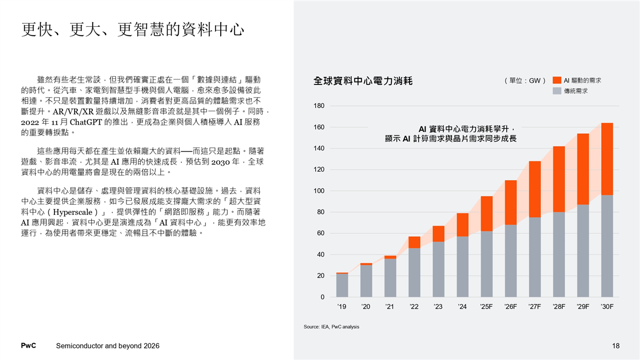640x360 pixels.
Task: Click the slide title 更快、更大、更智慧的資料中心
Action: (133, 29)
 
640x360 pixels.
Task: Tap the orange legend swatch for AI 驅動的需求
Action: (557, 80)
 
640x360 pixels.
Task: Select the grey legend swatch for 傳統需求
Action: (557, 91)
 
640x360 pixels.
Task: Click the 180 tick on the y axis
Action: (319, 106)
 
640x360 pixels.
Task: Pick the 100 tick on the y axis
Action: (319, 191)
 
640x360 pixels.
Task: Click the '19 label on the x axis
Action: (342, 307)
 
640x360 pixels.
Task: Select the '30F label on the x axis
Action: (607, 307)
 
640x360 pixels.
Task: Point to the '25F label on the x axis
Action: (486, 307)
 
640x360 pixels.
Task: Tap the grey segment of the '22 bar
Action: (414, 273)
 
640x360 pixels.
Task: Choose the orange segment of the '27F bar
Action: (535, 189)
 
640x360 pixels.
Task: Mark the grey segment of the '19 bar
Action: (342, 285)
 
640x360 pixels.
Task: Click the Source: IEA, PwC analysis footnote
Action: (331, 326)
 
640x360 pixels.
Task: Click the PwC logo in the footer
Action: (28, 346)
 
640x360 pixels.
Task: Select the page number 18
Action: (616, 346)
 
